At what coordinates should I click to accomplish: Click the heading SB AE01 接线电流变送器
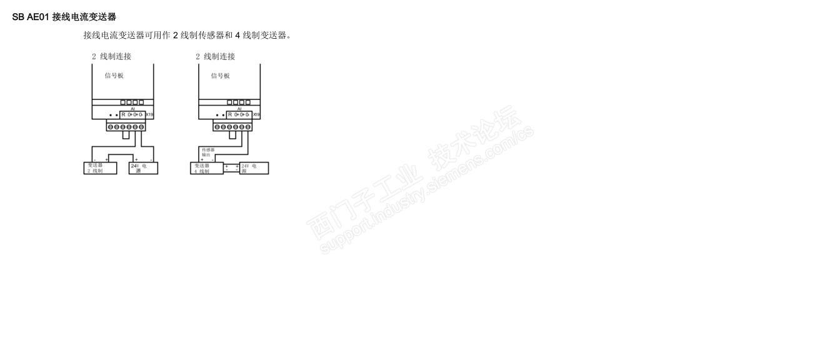pyautogui.click(x=64, y=17)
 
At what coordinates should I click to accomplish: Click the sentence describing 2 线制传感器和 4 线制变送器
pyautogui.click(x=187, y=35)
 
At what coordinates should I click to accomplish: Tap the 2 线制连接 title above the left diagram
pyautogui.click(x=111, y=56)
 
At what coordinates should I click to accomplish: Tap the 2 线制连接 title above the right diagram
pyautogui.click(x=215, y=56)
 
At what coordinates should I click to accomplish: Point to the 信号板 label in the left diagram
pyautogui.click(x=114, y=76)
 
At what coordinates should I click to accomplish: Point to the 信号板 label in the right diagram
pyautogui.click(x=220, y=76)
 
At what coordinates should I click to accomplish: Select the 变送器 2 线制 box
pyautogui.click(x=99, y=168)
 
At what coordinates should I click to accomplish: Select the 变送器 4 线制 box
pyautogui.click(x=206, y=168)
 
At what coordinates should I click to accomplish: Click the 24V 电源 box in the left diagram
pyautogui.click(x=143, y=168)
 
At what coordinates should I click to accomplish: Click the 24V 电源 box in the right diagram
pyautogui.click(x=254, y=168)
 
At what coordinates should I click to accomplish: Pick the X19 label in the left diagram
pyautogui.click(x=149, y=115)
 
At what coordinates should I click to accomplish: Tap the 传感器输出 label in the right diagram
pyautogui.click(x=208, y=152)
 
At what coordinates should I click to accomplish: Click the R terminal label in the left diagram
pyautogui.click(x=123, y=115)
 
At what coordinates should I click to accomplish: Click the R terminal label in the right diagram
pyautogui.click(x=230, y=115)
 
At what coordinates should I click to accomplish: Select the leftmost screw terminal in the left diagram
pyautogui.click(x=110, y=127)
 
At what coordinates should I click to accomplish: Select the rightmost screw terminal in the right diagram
pyautogui.click(x=248, y=127)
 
